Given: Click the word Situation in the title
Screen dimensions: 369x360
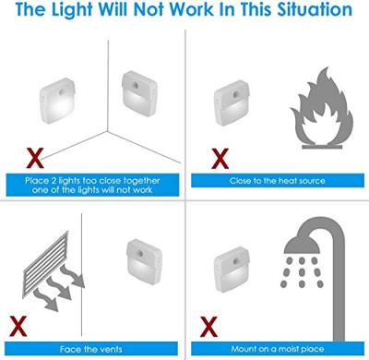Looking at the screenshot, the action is [315, 9].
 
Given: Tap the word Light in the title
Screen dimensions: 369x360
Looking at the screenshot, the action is [72, 9].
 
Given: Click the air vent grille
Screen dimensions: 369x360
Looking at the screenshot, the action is [46, 265].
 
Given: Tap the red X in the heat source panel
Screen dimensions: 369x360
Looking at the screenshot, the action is [220, 159].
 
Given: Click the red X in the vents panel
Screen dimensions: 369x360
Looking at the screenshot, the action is [18, 326].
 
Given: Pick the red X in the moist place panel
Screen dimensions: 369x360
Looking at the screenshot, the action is [208, 327].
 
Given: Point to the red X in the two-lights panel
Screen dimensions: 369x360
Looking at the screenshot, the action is [35, 158].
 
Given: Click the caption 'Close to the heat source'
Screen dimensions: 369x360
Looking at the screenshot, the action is [278, 181].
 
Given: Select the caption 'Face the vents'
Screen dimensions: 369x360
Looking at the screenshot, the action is [91, 349].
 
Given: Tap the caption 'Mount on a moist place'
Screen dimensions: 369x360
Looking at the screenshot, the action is [278, 349].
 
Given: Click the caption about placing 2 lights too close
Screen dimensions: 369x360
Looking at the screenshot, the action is [92, 185].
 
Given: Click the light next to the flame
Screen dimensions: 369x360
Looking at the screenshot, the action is [232, 102].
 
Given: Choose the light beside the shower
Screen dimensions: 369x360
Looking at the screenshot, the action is [232, 270].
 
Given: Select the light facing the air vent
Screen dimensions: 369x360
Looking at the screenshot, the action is [144, 261].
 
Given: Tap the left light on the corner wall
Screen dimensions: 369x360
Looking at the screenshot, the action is [57, 101].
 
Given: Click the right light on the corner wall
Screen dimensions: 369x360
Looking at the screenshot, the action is [139, 94].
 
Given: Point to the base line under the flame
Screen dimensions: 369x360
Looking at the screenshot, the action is [322, 147].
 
